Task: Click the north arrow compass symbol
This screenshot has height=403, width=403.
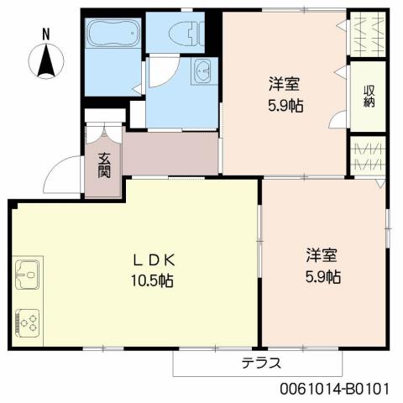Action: tap(47, 60)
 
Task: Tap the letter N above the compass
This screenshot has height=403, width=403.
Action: tap(46, 34)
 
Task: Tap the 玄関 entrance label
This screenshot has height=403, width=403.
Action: tap(104, 166)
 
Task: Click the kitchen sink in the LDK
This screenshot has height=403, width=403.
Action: tap(26, 274)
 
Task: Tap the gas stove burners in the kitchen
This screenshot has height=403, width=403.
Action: tap(27, 322)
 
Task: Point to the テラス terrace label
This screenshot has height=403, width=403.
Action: tap(260, 364)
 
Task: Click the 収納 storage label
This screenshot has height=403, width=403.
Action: tap(369, 97)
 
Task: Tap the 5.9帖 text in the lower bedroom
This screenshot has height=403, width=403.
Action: tap(322, 276)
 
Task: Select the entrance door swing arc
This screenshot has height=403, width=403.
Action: tap(60, 175)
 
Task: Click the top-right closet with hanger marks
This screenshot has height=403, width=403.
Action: tap(367, 33)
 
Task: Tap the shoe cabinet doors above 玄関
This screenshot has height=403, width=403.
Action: tap(103, 129)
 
